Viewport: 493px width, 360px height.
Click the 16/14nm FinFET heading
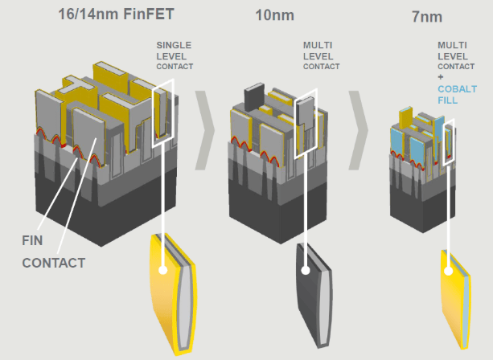(116, 14)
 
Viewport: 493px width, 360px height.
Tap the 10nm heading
(275, 15)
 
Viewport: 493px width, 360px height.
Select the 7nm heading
(427, 17)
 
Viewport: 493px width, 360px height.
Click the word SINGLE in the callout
(174, 45)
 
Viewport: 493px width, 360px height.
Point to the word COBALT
(457, 89)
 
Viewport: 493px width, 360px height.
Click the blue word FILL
(448, 100)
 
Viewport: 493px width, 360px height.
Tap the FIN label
(32, 240)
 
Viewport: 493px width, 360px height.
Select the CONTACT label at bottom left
(54, 263)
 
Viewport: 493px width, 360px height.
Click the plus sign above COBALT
(441, 77)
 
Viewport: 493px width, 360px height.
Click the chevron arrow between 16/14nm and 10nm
(205, 130)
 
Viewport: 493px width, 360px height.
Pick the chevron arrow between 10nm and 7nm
(358, 130)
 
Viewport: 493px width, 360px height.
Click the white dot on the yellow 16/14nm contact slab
(163, 270)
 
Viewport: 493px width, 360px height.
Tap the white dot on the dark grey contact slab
(306, 270)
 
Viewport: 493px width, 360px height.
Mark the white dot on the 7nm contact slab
(449, 271)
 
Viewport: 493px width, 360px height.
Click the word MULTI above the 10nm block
(318, 45)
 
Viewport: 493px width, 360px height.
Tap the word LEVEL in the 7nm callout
(453, 56)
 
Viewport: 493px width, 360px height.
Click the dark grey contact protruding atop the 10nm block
(254, 96)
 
